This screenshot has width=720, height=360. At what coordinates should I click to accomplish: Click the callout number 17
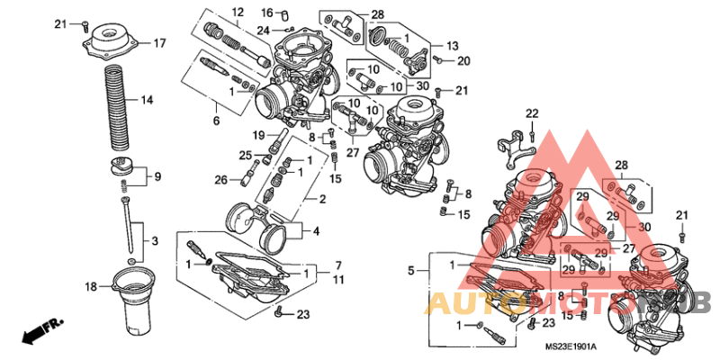[159, 42]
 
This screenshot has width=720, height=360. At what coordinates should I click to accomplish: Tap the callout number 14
[147, 100]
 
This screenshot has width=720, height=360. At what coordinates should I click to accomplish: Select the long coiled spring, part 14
[118, 106]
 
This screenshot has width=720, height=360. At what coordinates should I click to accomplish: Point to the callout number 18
[91, 287]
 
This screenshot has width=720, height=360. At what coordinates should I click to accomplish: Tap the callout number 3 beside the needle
[154, 240]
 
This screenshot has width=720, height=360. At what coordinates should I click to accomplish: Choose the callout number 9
[156, 175]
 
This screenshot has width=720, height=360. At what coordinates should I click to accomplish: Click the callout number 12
[238, 12]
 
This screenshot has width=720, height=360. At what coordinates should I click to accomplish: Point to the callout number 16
[266, 12]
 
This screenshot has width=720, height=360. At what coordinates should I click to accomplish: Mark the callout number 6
[215, 120]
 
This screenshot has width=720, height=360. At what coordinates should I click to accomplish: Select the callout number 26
[220, 180]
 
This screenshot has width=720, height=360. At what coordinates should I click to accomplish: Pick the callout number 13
[452, 44]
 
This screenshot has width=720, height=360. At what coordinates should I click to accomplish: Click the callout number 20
[463, 61]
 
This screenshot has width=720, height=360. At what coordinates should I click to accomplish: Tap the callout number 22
[532, 112]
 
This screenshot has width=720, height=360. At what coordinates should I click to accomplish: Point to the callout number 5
[410, 270]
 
